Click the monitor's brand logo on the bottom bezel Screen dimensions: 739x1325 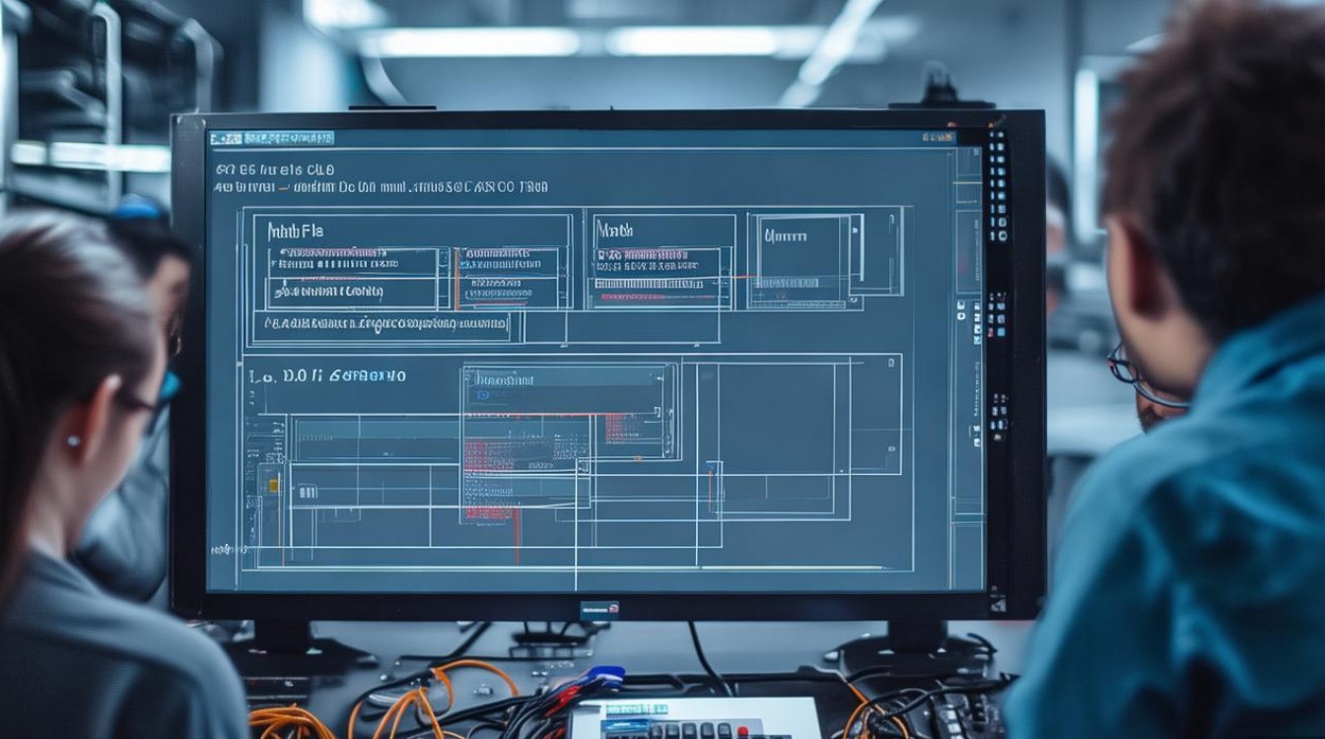(598, 609)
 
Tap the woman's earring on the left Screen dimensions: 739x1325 (72, 441)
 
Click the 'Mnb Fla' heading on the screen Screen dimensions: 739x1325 (295, 232)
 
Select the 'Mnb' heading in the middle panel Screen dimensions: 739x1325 (614, 231)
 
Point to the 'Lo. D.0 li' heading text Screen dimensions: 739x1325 (286, 375)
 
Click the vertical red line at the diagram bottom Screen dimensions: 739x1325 (517, 532)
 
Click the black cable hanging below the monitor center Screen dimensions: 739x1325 (702, 655)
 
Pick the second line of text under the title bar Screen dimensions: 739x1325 (380, 186)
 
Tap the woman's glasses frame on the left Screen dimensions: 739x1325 (148, 401)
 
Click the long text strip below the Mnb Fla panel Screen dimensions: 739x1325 (380, 322)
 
